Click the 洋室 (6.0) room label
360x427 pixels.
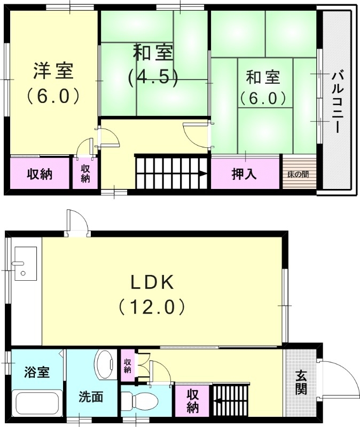[x=53, y=83]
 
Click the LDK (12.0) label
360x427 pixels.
[x=152, y=294]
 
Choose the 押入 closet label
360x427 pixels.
[x=244, y=174]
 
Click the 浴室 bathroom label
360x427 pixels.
[x=36, y=371]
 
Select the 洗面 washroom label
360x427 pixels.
[x=90, y=397]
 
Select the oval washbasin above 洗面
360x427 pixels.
[x=105, y=365]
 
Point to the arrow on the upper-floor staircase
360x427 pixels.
[x=202, y=173]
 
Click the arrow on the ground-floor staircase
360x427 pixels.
[x=217, y=398]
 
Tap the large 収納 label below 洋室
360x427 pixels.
[x=40, y=174]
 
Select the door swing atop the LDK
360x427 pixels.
[x=75, y=222]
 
